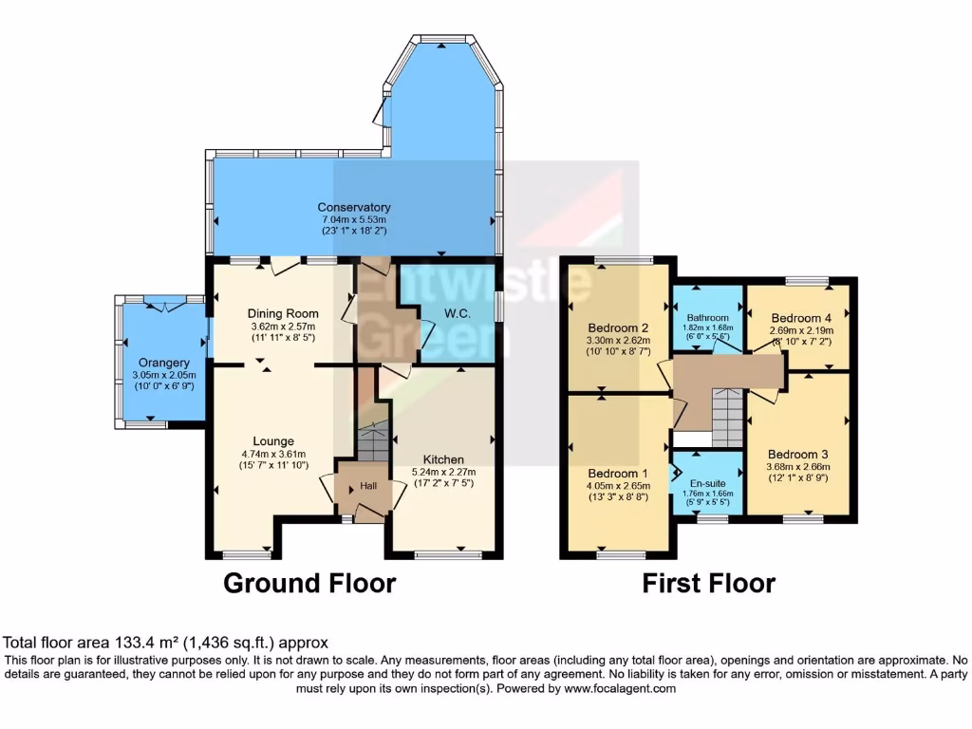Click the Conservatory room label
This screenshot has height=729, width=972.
tap(353, 207)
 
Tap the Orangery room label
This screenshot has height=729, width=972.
tap(163, 363)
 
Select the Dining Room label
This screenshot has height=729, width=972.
tap(283, 313)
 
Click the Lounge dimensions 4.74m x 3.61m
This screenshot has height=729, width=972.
tap(273, 454)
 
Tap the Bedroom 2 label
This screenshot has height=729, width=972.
tap(618, 318)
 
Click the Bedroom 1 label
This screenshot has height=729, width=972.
tap(618, 474)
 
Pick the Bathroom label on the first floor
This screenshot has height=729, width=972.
tap(708, 318)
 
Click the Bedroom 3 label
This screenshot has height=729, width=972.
tap(798, 453)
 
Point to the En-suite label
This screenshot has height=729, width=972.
tap(707, 481)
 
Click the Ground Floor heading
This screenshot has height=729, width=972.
tap(308, 582)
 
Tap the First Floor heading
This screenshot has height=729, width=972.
tap(708, 582)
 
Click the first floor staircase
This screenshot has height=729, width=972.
tap(728, 418)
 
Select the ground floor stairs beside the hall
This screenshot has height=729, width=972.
tap(373, 441)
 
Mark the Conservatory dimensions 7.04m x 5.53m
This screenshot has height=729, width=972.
tap(353, 219)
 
